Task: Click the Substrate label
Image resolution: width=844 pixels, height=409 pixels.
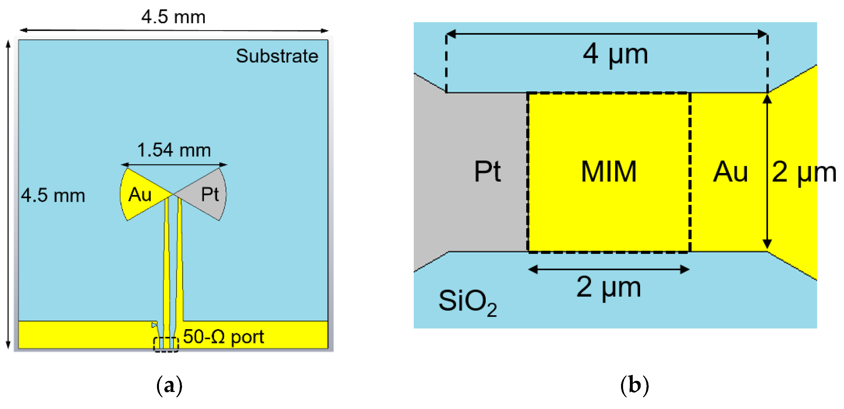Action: (277, 56)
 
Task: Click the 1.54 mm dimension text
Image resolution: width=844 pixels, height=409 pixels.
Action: (174, 150)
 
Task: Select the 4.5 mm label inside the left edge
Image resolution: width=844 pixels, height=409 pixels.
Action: (53, 196)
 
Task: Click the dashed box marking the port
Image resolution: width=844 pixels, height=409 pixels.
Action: (166, 345)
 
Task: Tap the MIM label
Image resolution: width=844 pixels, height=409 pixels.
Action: (609, 172)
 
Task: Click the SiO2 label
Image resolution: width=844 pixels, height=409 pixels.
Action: (467, 301)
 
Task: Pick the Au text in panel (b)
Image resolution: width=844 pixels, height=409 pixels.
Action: (730, 172)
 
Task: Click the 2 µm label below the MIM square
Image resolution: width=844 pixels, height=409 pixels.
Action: (609, 287)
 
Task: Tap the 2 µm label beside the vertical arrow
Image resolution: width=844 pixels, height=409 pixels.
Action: (804, 172)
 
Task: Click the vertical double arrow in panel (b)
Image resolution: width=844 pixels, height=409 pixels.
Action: (767, 172)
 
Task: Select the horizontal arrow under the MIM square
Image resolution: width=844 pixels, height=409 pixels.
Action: (609, 270)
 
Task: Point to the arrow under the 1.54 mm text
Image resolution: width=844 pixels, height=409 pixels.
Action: (174, 164)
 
